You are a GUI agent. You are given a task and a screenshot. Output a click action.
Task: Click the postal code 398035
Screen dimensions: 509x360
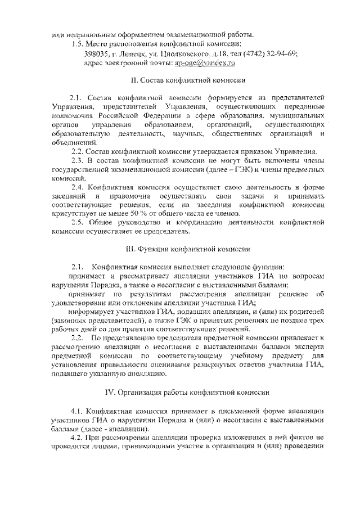click(x=96, y=54)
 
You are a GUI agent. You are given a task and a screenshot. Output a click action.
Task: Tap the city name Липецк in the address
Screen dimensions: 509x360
click(x=133, y=54)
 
